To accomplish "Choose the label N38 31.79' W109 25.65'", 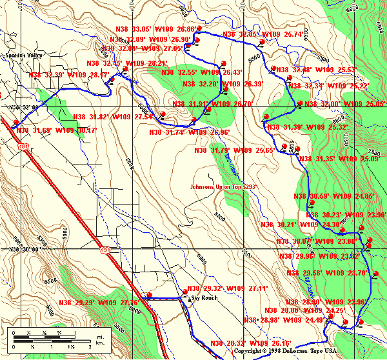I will pos(233,150).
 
